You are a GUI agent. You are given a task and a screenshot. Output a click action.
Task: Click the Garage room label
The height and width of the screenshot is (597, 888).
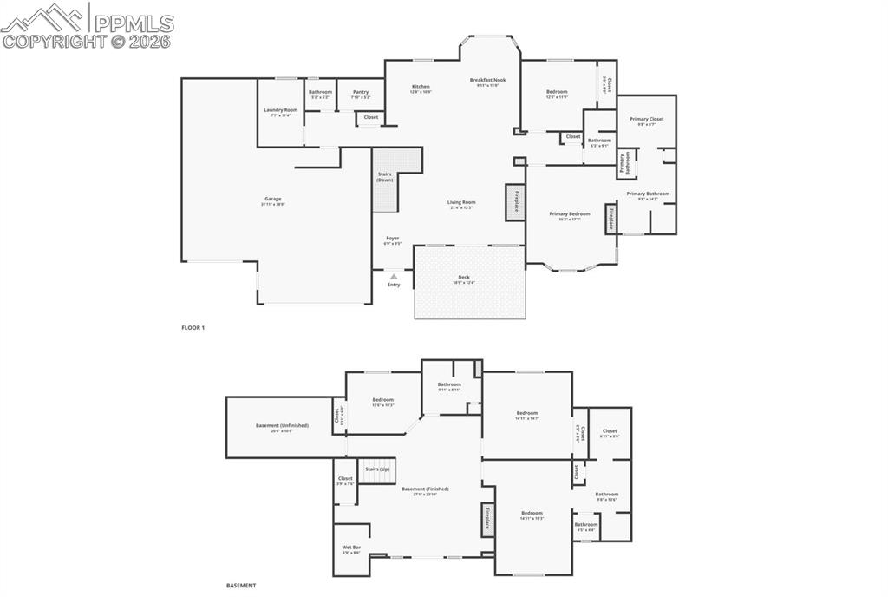(x=273, y=199)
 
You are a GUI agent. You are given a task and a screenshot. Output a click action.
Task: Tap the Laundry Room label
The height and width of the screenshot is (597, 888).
(x=281, y=110)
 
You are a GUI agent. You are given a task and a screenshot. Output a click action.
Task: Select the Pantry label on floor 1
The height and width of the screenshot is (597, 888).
(x=361, y=92)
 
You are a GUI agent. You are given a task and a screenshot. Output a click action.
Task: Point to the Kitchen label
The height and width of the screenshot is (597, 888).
(x=421, y=87)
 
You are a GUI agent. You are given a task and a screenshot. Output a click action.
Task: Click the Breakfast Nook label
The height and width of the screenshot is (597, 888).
(x=488, y=81)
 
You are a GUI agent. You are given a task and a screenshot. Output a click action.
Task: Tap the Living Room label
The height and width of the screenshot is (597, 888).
(x=461, y=202)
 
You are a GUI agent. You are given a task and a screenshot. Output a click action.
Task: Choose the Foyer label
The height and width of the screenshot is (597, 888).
(x=393, y=239)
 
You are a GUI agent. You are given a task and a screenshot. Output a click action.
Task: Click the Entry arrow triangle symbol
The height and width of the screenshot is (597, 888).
(x=394, y=276)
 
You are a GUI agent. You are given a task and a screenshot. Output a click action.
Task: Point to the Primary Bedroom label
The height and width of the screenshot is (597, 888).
(x=570, y=213)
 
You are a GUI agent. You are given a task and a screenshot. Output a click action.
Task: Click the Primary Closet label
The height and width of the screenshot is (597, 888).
(x=647, y=120)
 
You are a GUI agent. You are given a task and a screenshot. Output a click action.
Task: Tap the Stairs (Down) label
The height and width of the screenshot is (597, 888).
(x=385, y=177)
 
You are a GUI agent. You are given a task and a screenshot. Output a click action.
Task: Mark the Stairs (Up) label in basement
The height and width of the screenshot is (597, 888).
(x=377, y=469)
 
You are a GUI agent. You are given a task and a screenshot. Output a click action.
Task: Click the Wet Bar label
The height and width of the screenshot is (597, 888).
(x=351, y=548)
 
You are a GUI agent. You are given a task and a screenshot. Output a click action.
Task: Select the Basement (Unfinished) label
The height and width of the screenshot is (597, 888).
(x=280, y=426)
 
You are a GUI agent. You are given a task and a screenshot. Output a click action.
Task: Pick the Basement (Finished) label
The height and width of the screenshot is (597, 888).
(x=425, y=489)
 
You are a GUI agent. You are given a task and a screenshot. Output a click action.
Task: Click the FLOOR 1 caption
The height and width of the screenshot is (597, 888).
(x=193, y=327)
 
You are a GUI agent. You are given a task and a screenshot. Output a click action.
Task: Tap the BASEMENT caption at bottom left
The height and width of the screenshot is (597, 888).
(x=241, y=586)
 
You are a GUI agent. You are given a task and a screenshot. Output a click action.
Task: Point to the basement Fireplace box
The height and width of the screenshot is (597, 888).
(x=487, y=520)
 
